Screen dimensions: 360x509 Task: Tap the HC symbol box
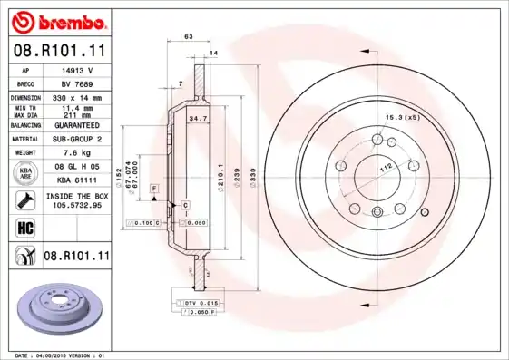point(24,227)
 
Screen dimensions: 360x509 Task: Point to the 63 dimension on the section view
point(188,37)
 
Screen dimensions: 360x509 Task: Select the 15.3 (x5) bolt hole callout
point(403,118)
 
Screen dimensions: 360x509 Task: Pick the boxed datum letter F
point(155,187)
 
